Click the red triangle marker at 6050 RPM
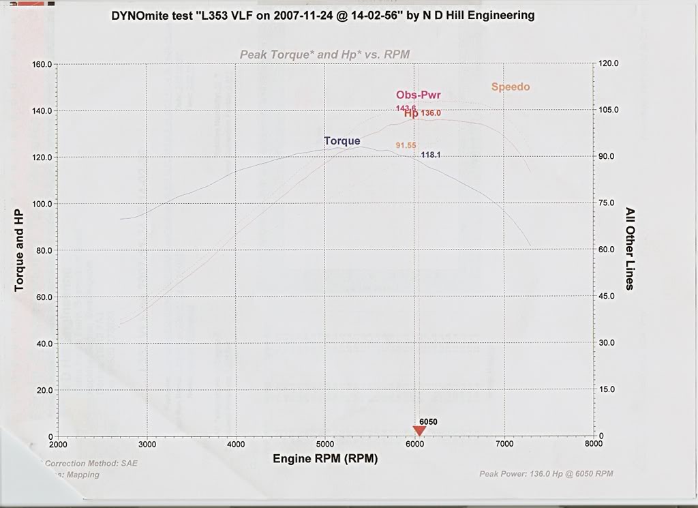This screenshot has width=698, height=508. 419,430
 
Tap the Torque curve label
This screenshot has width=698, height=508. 342,141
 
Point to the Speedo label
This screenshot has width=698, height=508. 511,87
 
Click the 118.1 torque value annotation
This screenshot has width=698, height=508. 431,155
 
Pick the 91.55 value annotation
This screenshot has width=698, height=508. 406,145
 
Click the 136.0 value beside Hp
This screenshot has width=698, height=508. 431,113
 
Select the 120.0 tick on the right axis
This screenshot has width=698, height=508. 609,63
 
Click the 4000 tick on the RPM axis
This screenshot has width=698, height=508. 236,444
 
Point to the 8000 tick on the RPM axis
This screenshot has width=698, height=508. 593,443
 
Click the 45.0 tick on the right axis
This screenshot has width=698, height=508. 607,296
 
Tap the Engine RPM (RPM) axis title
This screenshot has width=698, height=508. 325,459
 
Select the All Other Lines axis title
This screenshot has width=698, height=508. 630,249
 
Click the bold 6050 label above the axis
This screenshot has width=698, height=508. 428,422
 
